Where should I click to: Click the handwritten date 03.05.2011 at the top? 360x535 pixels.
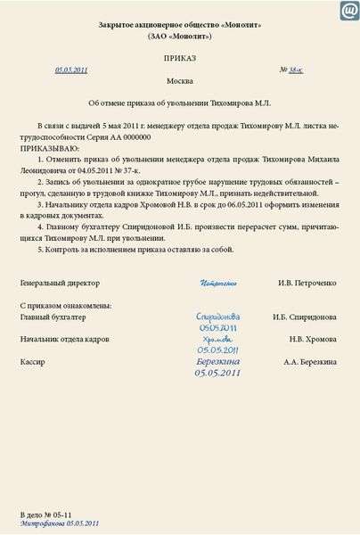click(71, 70)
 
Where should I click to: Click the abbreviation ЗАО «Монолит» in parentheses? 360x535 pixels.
click(180, 37)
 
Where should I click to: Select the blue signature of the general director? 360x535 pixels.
click(218, 284)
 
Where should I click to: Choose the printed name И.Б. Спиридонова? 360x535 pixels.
click(305, 317)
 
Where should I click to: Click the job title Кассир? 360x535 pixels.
click(32, 362)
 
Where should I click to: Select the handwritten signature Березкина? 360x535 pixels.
click(218, 361)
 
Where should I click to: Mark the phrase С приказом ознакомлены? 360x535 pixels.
click(65, 306)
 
